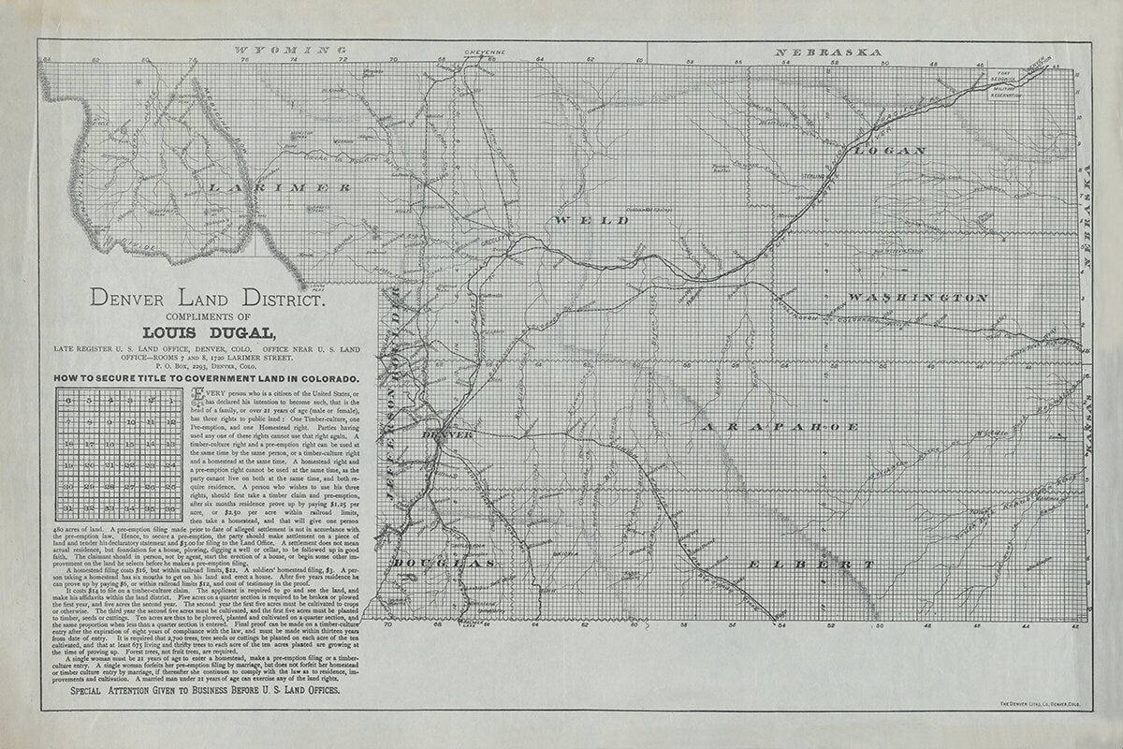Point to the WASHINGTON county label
tap(918, 298)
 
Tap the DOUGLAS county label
tap(440, 564)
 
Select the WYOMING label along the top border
tap(283, 49)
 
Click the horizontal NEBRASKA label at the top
tap(828, 51)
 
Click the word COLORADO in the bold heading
tap(322, 377)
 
